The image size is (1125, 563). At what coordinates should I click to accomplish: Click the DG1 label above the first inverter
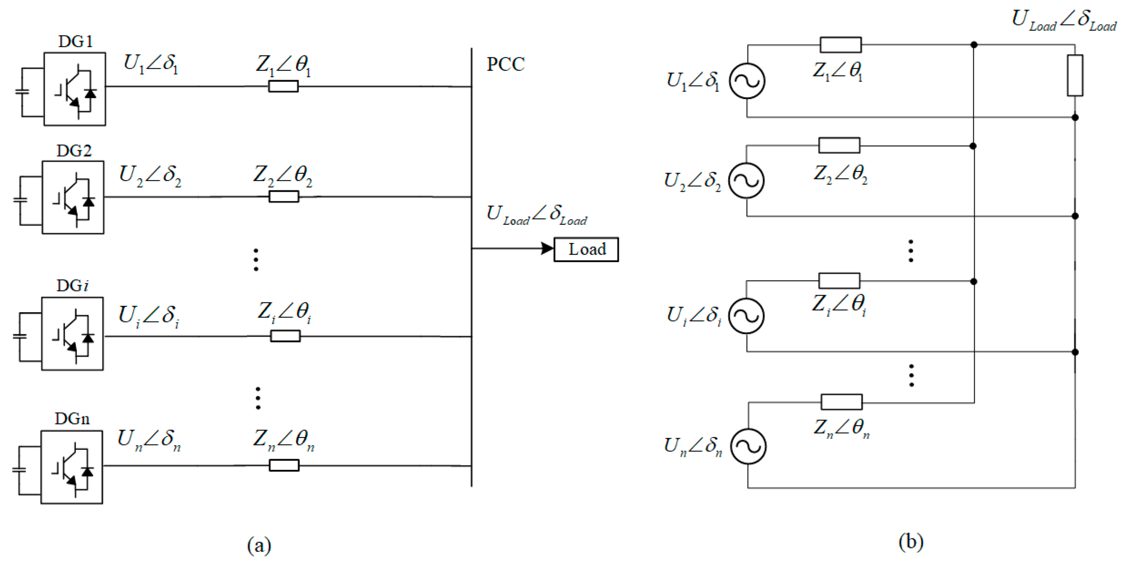point(75,41)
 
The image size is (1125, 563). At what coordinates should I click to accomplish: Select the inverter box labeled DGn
point(72,467)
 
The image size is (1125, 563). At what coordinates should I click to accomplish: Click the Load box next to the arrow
point(586,250)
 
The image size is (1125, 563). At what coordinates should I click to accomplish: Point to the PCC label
point(505,64)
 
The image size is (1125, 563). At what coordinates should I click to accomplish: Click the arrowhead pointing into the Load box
point(547,249)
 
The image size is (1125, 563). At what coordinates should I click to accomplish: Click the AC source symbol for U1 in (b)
point(747,81)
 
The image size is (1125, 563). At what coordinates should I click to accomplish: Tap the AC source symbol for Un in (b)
point(748,446)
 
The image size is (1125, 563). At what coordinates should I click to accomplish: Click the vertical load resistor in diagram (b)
point(1075,75)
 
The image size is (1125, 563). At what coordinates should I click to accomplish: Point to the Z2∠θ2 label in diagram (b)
point(840,174)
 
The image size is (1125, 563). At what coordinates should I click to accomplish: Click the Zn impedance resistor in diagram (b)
point(842,402)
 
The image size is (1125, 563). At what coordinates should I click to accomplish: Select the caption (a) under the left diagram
point(259,545)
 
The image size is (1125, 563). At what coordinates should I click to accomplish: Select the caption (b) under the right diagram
point(910,542)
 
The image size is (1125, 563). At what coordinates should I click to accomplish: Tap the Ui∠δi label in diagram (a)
point(149,315)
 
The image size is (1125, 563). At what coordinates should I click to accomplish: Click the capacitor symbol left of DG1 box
point(22,92)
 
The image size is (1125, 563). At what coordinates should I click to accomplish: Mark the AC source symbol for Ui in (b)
point(746,316)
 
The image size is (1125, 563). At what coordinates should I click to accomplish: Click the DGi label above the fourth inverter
point(72,286)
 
